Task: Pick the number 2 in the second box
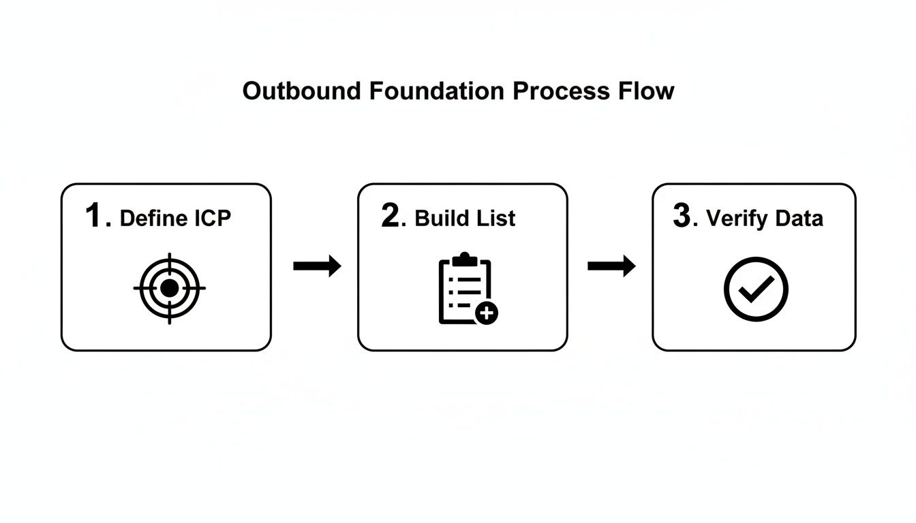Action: tap(391, 217)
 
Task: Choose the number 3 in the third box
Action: tap(682, 217)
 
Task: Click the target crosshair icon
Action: tap(169, 288)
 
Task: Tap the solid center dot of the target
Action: tap(169, 288)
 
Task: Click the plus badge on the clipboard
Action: tap(487, 313)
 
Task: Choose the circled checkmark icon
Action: tap(755, 289)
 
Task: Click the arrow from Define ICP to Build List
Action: tap(317, 266)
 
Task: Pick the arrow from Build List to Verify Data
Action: tap(611, 266)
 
